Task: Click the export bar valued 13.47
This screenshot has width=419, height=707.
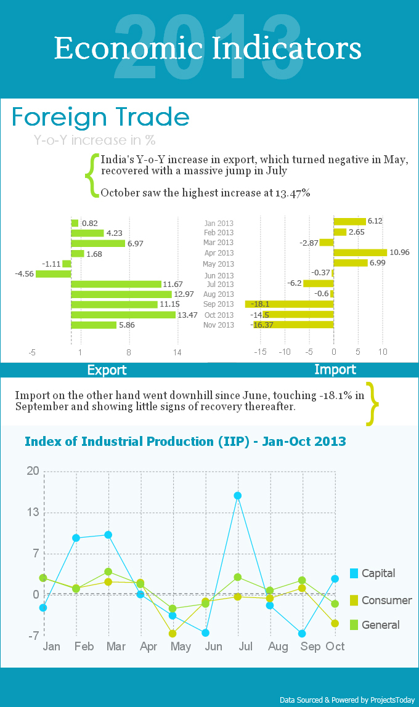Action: point(123,315)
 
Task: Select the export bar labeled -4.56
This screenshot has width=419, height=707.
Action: point(53,274)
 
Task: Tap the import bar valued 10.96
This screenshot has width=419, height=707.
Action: point(360,252)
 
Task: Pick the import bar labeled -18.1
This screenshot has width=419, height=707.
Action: point(290,304)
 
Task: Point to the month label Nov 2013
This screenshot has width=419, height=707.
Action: point(219,325)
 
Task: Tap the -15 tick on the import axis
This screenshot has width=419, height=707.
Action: point(260,352)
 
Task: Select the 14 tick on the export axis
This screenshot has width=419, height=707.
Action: point(177,352)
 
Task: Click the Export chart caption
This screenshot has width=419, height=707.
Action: point(107,370)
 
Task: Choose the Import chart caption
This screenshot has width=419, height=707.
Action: point(335,370)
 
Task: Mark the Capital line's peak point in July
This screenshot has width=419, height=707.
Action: point(237,496)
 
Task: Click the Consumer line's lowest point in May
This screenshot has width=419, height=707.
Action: point(173,634)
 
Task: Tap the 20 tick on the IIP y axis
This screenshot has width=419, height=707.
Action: point(33,471)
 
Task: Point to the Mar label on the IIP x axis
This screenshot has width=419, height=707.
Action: point(115,647)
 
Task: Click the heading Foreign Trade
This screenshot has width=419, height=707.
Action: point(100,117)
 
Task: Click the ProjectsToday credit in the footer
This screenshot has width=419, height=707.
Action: point(348,700)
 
